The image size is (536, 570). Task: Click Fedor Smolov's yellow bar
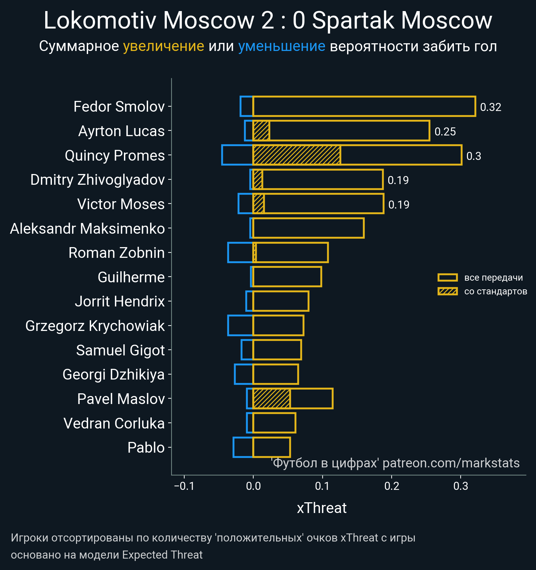364,106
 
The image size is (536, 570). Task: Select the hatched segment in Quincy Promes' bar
297,155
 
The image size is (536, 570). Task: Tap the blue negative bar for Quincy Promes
237,155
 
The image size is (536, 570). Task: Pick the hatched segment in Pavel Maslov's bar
272,399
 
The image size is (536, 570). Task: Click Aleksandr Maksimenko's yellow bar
308,228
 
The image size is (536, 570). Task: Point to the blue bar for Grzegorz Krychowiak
240,326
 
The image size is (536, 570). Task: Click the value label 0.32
490,107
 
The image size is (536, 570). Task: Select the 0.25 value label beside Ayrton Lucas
445,131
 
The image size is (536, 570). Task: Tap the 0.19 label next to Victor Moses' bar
399,205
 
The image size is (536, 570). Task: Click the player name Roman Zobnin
117,253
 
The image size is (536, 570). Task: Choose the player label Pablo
146,448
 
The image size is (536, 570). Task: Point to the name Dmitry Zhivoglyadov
97,180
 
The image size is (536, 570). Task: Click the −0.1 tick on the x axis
184,486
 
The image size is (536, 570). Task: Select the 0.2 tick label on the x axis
392,486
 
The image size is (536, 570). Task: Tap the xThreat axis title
322,508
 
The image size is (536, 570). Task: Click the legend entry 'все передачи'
493,278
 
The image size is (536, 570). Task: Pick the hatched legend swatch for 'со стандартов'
448,291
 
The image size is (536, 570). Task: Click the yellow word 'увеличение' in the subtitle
163,46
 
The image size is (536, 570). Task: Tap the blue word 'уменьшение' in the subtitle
281,46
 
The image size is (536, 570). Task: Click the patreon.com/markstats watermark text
451,463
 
